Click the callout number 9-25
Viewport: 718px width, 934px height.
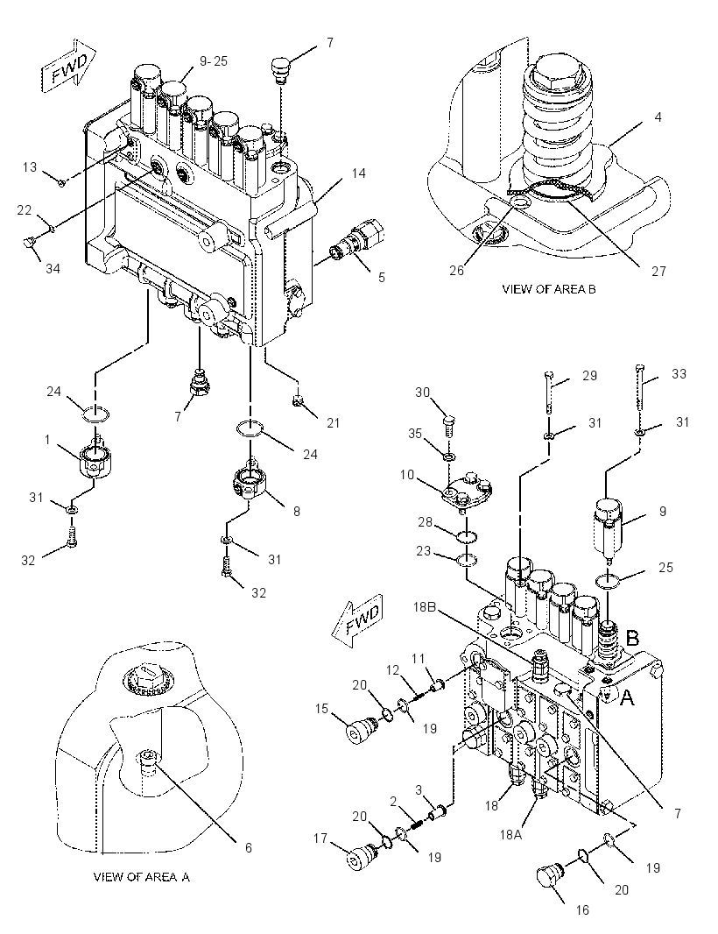tap(213, 60)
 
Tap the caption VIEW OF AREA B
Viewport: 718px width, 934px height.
tap(548, 289)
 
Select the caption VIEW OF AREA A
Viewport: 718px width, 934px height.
tap(142, 877)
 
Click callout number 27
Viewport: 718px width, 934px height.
tap(658, 271)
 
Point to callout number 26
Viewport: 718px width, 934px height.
tap(457, 271)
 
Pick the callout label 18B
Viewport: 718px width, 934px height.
tap(425, 607)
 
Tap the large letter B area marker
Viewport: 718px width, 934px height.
tap(632, 638)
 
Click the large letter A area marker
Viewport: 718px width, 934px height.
tap(627, 697)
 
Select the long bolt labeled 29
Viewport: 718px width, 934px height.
tap(549, 392)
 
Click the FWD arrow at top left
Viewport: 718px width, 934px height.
tap(67, 65)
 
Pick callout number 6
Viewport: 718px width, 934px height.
tap(249, 847)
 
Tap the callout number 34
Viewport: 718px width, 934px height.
tap(53, 269)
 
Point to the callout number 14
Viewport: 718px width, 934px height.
tap(358, 173)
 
